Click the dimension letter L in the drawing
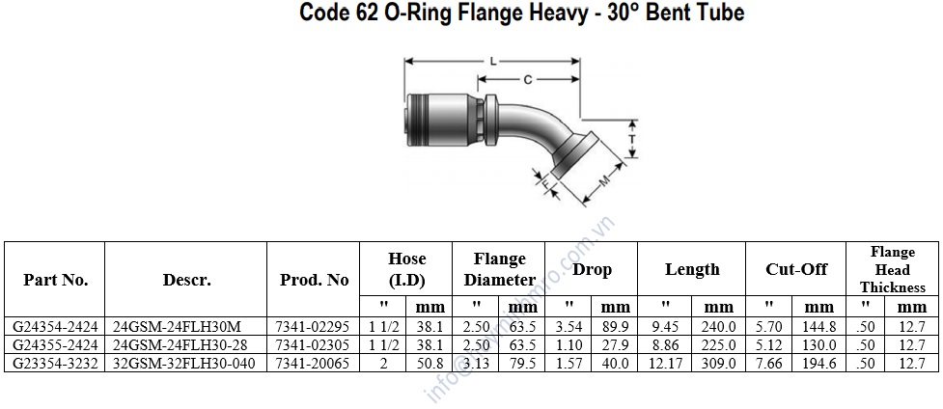click(493, 61)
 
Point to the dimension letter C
click(527, 79)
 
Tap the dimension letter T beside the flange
click(632, 138)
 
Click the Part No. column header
click(55, 280)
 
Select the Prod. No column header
click(314, 280)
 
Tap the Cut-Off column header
click(796, 269)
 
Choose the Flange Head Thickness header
click(893, 269)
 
